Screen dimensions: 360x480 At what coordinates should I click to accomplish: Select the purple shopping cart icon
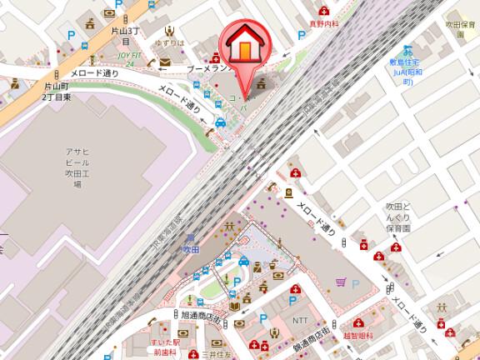tap(341, 282)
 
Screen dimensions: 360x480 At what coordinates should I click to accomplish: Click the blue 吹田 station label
tap(191, 247)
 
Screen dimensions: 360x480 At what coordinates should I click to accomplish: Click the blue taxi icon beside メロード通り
tap(220, 124)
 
